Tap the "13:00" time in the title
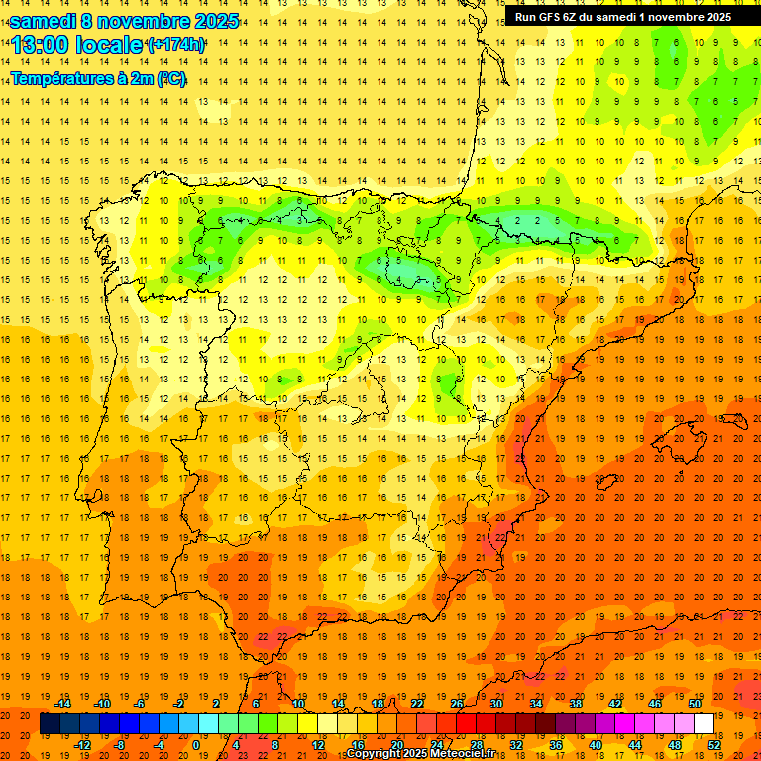tap(41, 45)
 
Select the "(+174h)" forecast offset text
tap(176, 45)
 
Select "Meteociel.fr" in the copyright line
tap(460, 754)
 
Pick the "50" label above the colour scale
tap(695, 704)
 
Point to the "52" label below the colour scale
tap(714, 745)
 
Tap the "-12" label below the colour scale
tap(82, 745)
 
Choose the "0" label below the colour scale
tap(196, 745)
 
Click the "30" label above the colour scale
tap(496, 704)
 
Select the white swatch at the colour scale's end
tap(704, 724)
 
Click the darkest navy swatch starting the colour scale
tap(50, 724)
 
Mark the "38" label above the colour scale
tap(576, 704)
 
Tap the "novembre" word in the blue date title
tap(150, 20)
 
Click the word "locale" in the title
tap(109, 45)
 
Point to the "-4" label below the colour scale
tap(160, 745)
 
